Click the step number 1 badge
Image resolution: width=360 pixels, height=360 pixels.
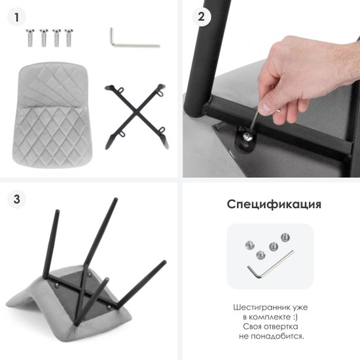click(x=16, y=17)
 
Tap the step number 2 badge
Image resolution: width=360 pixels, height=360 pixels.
click(x=201, y=16)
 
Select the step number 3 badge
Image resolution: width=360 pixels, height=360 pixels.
click(x=16, y=199)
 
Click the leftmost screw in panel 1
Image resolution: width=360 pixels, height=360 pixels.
click(x=30, y=38)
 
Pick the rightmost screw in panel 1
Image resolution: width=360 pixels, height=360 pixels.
click(x=69, y=38)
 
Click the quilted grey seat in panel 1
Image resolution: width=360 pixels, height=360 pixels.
click(x=52, y=115)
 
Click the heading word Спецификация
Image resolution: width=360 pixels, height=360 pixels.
click(x=274, y=204)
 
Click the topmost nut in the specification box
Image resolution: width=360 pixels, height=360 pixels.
click(x=285, y=238)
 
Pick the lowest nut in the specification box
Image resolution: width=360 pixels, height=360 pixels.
click(x=261, y=255)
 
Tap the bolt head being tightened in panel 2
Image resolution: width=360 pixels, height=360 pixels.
click(x=247, y=137)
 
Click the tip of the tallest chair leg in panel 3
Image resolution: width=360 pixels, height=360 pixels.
click(x=116, y=199)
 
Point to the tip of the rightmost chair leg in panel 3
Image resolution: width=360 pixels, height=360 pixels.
click(x=164, y=262)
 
